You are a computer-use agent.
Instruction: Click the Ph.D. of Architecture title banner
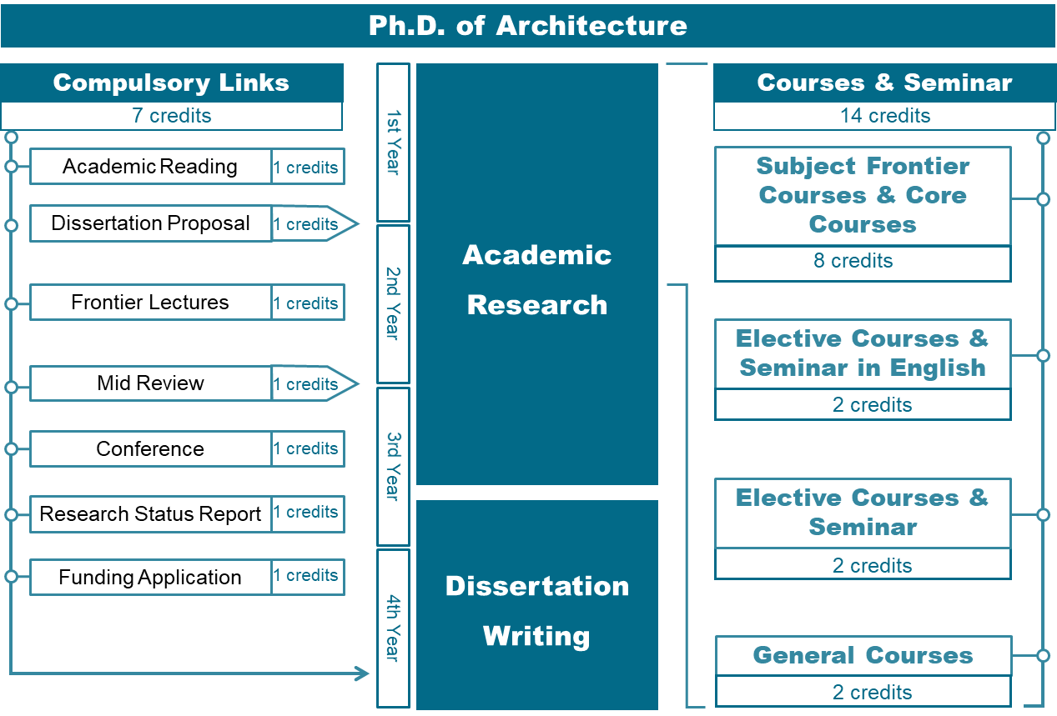pyautogui.click(x=528, y=25)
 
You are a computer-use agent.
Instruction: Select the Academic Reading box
pyautogui.click(x=150, y=167)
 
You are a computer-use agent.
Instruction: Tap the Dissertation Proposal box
pyautogui.click(x=150, y=223)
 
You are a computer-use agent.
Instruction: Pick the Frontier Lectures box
pyautogui.click(x=150, y=303)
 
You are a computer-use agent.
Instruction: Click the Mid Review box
pyautogui.click(x=150, y=383)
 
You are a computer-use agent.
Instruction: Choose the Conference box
pyautogui.click(x=150, y=448)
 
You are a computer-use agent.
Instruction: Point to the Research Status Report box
pyautogui.click(x=150, y=513)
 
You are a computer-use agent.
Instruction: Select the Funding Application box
pyautogui.click(x=150, y=577)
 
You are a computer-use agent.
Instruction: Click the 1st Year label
pyautogui.click(x=393, y=143)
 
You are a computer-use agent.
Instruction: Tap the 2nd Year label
pyautogui.click(x=393, y=303)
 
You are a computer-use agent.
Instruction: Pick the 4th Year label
pyautogui.click(x=393, y=627)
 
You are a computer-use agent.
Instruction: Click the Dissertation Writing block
pyautogui.click(x=536, y=610)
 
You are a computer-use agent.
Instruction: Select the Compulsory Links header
pyautogui.click(x=171, y=83)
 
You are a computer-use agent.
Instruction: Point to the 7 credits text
pyautogui.click(x=171, y=116)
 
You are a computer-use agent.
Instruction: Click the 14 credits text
pyautogui.click(x=884, y=116)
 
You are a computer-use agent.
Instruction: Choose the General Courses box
pyautogui.click(x=863, y=655)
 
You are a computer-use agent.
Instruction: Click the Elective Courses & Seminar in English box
pyautogui.click(x=863, y=353)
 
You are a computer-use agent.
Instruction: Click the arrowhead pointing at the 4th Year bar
pyautogui.click(x=363, y=673)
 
